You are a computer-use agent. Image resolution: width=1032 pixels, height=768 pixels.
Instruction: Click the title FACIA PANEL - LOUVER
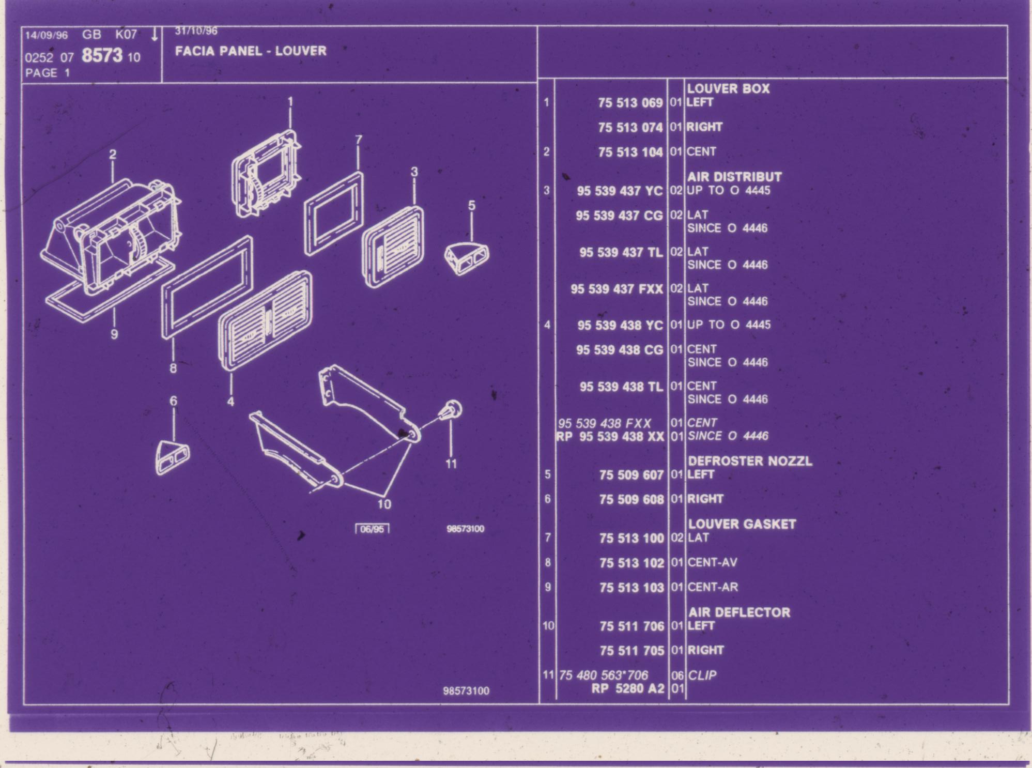tap(251, 51)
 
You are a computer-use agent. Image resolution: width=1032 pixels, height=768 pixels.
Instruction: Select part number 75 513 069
tap(630, 103)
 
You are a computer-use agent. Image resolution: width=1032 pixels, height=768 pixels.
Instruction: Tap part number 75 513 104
tap(630, 152)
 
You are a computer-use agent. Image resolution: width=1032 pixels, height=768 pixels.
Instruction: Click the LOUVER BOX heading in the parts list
tap(728, 89)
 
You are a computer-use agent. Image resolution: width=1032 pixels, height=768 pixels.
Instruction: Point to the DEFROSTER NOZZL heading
tap(750, 461)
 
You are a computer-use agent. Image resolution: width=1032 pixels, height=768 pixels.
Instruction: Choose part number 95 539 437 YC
tap(620, 191)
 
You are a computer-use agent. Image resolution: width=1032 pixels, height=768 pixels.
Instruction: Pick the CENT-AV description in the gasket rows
tap(712, 562)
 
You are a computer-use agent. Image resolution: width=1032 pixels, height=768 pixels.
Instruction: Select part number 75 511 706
tap(631, 626)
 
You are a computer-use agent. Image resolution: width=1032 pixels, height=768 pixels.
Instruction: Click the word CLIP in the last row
tap(702, 675)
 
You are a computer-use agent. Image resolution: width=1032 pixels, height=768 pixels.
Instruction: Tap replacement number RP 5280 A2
tap(628, 688)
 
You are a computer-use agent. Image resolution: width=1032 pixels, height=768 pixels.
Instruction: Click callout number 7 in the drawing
tap(359, 140)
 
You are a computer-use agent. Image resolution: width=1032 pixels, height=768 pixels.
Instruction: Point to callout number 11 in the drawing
tap(451, 464)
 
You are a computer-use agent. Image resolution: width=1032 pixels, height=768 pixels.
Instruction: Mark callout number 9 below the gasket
tap(114, 334)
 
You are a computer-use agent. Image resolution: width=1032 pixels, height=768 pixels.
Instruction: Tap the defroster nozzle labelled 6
tap(172, 457)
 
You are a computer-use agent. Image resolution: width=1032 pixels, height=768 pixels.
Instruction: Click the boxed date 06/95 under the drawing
tap(372, 529)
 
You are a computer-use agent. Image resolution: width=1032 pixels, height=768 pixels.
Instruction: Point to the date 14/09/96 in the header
tap(47, 35)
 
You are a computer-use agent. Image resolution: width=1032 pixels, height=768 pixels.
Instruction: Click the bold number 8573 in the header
tap(102, 55)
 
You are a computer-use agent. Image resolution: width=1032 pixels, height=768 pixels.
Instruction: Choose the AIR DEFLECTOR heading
tap(739, 612)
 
